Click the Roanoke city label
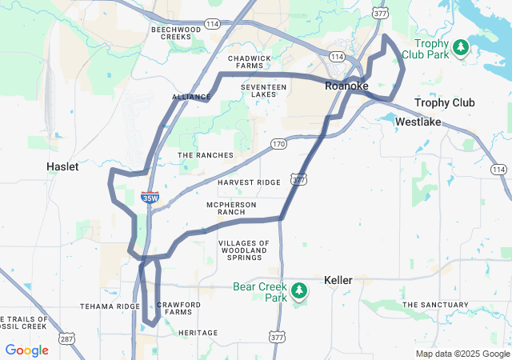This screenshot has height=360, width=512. [x=346, y=86]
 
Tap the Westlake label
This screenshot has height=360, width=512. [x=418, y=121]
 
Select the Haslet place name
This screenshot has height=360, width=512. [x=62, y=166]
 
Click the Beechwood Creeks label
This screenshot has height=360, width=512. [x=174, y=33]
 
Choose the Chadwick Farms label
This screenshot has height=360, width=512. [x=250, y=62]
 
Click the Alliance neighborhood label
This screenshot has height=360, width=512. [x=191, y=97]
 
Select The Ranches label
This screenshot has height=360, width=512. [x=206, y=155]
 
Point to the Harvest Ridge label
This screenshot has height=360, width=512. [x=249, y=182]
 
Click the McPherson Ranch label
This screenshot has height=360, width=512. [x=231, y=208]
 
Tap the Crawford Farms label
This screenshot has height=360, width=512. [x=179, y=308]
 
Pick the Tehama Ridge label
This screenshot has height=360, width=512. [x=110, y=306]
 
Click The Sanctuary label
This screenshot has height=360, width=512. [x=434, y=305]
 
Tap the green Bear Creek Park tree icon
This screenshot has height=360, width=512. [x=299, y=290]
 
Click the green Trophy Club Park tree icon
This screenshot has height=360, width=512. [x=460, y=48]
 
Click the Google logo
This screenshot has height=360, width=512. [x=26, y=350]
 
